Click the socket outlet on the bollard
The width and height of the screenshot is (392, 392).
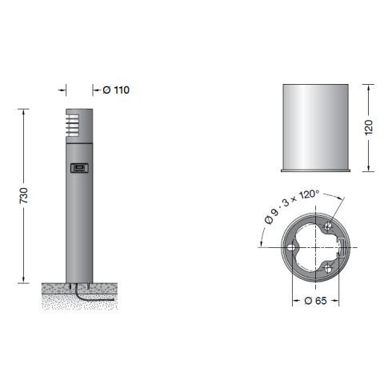[x=78, y=168]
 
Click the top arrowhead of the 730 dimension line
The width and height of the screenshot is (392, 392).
[x=23, y=110]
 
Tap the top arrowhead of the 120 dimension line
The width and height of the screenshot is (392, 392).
[x=367, y=86]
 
